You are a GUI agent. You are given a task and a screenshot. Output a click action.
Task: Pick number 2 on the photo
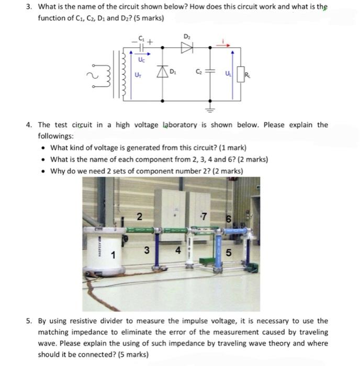(139, 216)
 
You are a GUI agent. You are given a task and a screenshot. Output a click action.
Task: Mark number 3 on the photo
(147, 250)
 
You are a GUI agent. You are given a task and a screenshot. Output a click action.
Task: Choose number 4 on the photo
(178, 250)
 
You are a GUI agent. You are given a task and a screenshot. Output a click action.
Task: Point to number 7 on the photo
(207, 216)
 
